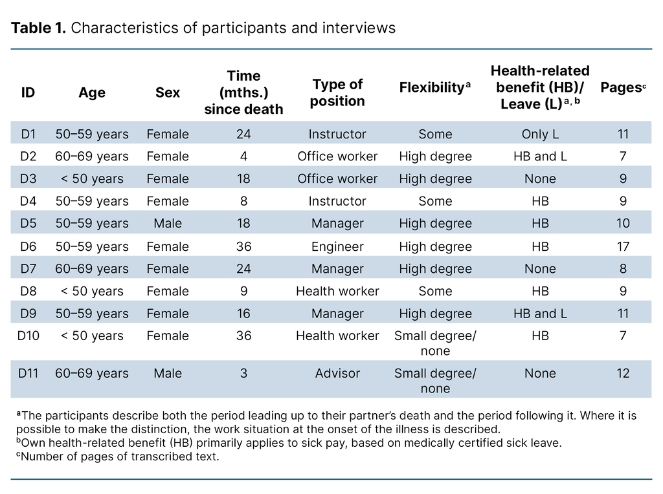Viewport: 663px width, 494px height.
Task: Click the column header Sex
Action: click(168, 93)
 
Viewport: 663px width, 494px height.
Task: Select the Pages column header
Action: click(620, 87)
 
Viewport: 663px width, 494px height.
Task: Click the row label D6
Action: click(28, 246)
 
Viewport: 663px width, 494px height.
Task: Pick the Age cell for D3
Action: click(92, 178)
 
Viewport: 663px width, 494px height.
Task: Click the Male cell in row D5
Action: click(168, 224)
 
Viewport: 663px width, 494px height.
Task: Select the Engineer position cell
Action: click(337, 246)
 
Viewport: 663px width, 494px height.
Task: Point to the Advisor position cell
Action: click(337, 374)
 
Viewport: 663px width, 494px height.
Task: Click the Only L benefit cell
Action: click(540, 134)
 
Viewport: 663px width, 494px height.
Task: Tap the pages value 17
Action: click(623, 246)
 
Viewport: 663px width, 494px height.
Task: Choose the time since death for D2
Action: click(243, 156)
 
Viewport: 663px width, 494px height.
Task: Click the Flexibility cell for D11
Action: click(435, 381)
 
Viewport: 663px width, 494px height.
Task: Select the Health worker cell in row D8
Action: click(337, 291)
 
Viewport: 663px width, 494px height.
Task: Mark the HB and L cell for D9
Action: click(540, 314)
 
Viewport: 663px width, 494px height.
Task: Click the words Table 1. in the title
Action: click(38, 29)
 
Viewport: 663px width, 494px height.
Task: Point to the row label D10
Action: click(28, 336)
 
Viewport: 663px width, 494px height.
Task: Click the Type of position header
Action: click(337, 92)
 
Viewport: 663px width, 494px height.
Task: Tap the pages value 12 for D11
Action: click(623, 374)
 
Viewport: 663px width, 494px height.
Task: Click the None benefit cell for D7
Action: click(540, 269)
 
